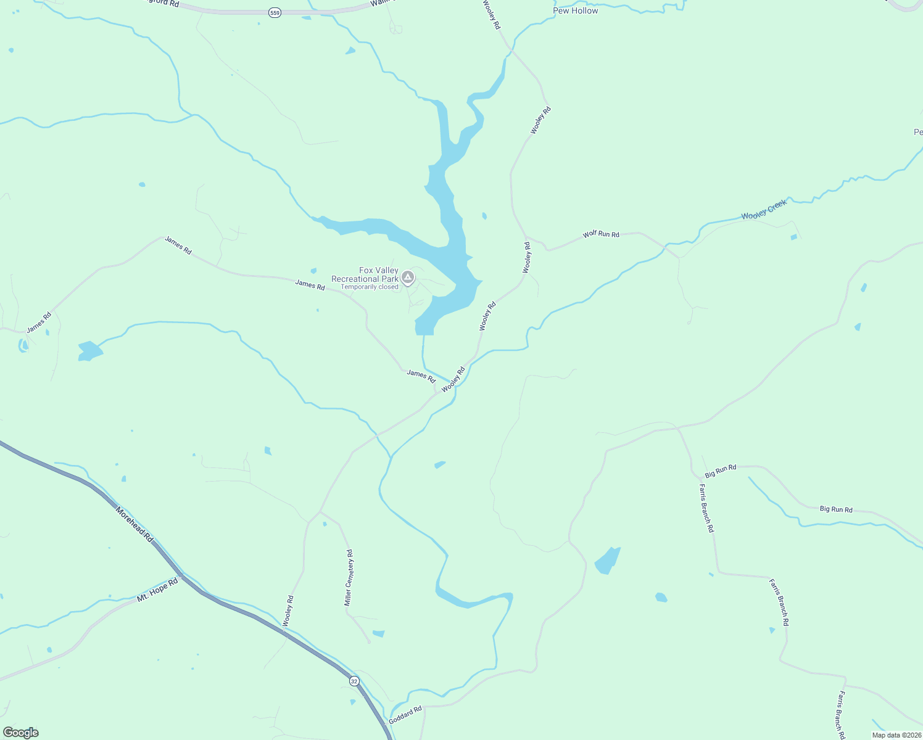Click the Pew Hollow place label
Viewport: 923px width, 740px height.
pyautogui.click(x=575, y=10)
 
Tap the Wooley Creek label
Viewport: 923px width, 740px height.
pyautogui.click(x=764, y=210)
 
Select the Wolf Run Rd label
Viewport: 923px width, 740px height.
pyautogui.click(x=601, y=234)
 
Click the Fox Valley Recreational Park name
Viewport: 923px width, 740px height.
pyautogui.click(x=365, y=274)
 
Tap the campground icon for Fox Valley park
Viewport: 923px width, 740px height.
pyautogui.click(x=407, y=278)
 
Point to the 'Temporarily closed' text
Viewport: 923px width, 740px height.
pyautogui.click(x=370, y=287)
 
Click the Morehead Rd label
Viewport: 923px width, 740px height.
pyautogui.click(x=134, y=525)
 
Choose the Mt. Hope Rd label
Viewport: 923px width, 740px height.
pyautogui.click(x=157, y=589)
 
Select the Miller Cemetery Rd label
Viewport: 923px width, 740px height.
pyautogui.click(x=349, y=578)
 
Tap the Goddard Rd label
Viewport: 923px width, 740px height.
pyautogui.click(x=405, y=715)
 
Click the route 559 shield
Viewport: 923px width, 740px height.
pyautogui.click(x=275, y=12)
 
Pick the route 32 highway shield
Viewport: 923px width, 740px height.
pyautogui.click(x=354, y=681)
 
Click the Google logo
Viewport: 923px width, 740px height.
pyautogui.click(x=21, y=732)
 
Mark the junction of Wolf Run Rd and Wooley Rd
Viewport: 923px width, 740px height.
pyautogui.click(x=526, y=237)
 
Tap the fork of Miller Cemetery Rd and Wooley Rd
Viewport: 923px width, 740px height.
pyautogui.click(x=319, y=512)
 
